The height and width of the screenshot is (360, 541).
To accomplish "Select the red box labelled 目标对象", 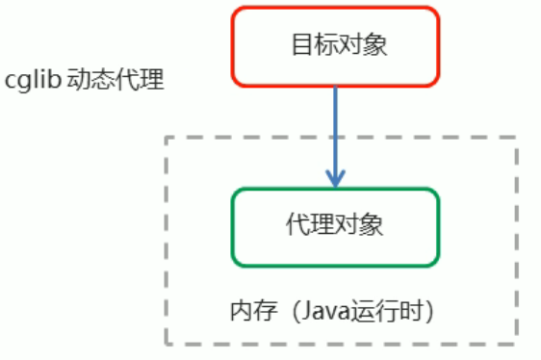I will pos(335,45).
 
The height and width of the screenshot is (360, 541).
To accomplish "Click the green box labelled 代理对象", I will pos(335,226).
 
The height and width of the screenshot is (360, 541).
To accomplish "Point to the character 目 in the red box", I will pos(299,45).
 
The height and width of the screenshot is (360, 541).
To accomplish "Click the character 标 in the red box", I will pos(322,45).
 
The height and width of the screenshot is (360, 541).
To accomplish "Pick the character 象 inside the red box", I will pos(371,45).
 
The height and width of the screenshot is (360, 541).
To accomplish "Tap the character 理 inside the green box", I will pos(322,226).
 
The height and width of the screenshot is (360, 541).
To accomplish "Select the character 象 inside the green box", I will pos(371,226).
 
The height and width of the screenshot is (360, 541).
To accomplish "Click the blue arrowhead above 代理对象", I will pos(335,179).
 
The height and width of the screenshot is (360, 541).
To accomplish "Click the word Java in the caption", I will pos(315,311).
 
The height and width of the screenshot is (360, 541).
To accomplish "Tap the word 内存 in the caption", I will pos(247,311).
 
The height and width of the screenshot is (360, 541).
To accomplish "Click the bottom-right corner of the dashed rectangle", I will pos(518,344).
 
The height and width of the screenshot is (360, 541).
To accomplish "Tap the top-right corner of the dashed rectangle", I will pos(518,137).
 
